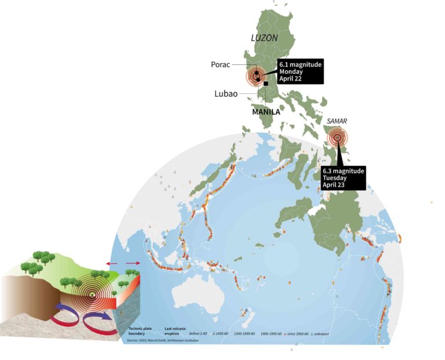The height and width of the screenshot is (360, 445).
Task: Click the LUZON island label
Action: point(264,39)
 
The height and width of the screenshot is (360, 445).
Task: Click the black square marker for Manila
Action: point(266,85)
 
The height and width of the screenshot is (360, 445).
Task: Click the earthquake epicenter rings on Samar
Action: point(337,138)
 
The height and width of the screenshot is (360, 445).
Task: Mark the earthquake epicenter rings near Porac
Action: point(255,76)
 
